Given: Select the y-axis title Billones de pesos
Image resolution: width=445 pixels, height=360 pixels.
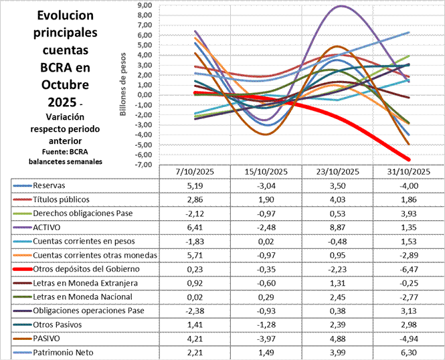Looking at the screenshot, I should click(124, 85).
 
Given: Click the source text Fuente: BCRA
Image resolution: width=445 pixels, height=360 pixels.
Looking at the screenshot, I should click(56, 151).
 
